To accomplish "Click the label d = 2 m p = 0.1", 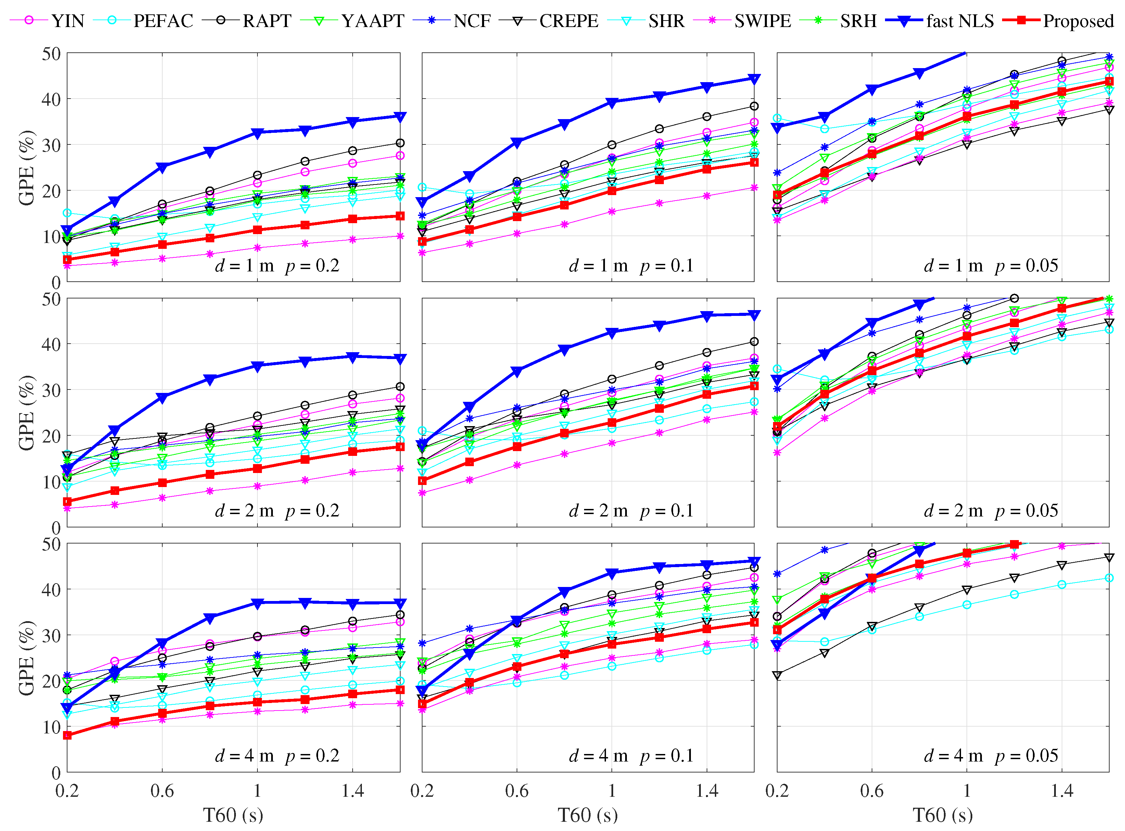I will pyautogui.click(x=631, y=511).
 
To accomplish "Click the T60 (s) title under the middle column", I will pyautogui.click(x=587, y=815).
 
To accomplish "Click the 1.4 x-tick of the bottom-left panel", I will pyautogui.click(x=352, y=791).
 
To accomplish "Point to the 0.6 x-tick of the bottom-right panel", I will pyautogui.click(x=872, y=791).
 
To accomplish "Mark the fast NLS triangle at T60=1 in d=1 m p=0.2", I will pyautogui.click(x=257, y=133).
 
